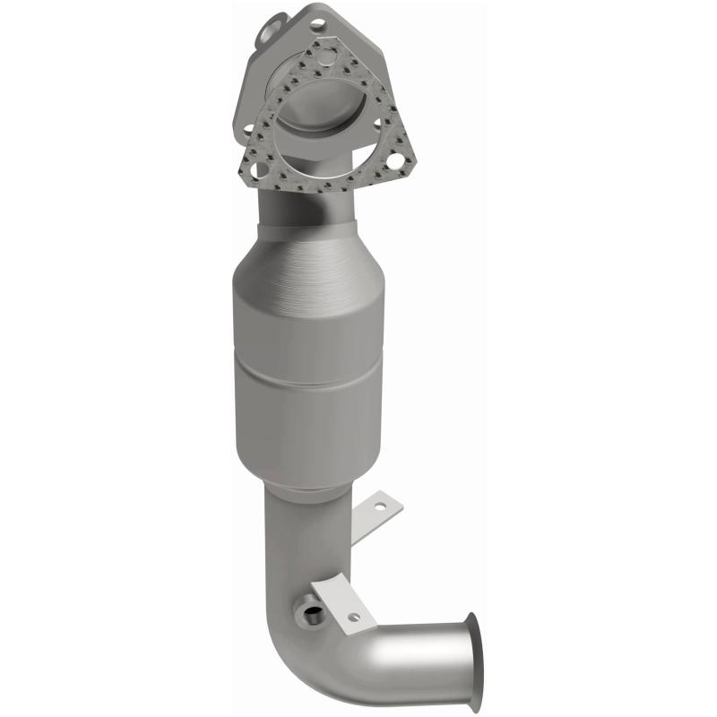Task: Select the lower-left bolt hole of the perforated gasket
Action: tap(260, 168)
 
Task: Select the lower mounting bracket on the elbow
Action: tap(345, 607)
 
